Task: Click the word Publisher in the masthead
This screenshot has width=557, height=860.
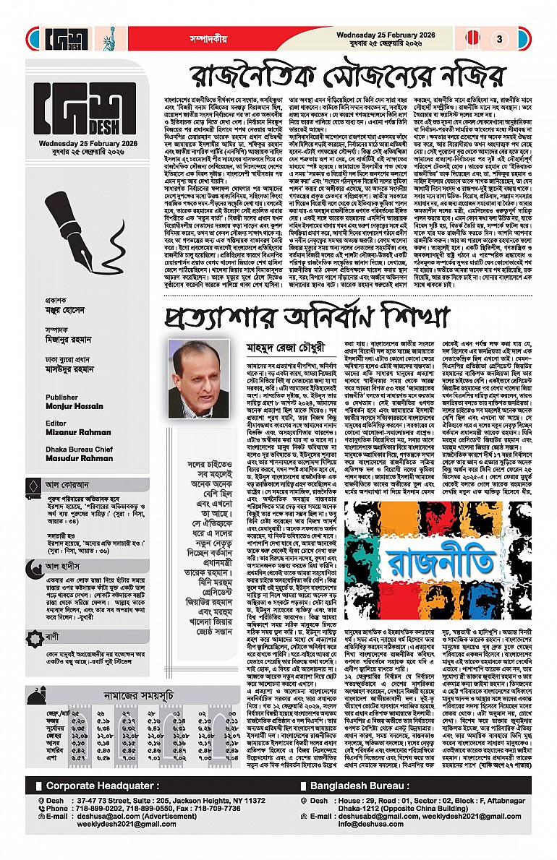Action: click(61, 397)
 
